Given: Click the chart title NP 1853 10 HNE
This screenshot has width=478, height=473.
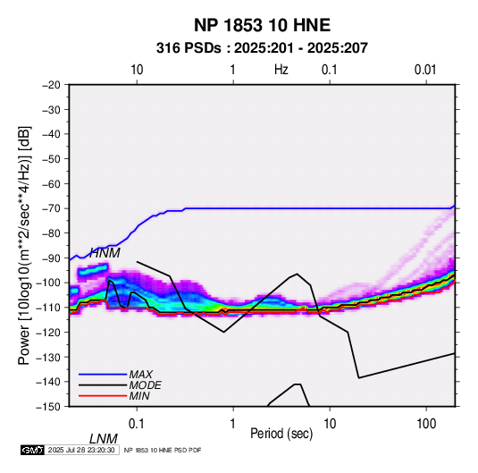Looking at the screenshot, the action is [x=262, y=25].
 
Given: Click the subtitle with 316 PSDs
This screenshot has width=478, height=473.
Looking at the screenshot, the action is [x=262, y=48].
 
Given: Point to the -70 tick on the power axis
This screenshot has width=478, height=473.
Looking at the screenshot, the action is [x=51, y=208].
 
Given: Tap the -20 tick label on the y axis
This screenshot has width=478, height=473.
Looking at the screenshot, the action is [x=51, y=85].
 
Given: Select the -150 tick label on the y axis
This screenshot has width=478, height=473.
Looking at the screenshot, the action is [x=48, y=407].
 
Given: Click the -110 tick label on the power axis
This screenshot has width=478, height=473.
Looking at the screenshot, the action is [x=48, y=308].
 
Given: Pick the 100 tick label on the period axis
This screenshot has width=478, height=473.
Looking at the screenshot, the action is [x=426, y=424].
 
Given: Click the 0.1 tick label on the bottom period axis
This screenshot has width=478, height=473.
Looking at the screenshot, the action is [x=137, y=424].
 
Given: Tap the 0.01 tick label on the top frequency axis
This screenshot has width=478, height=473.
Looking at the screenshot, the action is [x=425, y=70].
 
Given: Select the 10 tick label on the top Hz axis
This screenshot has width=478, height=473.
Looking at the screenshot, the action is [x=137, y=70].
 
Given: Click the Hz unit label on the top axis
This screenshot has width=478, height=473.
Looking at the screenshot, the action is [x=281, y=70].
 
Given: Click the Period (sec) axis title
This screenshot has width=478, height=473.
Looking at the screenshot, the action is [x=281, y=434].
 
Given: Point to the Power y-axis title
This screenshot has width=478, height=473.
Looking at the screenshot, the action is [x=24, y=246].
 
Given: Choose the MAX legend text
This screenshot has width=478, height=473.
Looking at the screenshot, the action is [x=141, y=375].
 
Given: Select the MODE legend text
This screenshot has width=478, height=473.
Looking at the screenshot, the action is [x=145, y=385].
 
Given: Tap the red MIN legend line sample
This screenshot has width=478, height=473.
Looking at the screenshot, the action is [x=103, y=396].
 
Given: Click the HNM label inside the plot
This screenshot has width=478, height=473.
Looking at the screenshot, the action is [x=105, y=253].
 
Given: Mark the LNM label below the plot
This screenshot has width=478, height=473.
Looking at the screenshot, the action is [x=104, y=439].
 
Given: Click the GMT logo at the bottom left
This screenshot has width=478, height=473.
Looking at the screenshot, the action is [x=32, y=450].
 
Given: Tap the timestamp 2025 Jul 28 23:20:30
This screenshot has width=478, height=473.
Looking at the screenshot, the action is [x=81, y=450].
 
